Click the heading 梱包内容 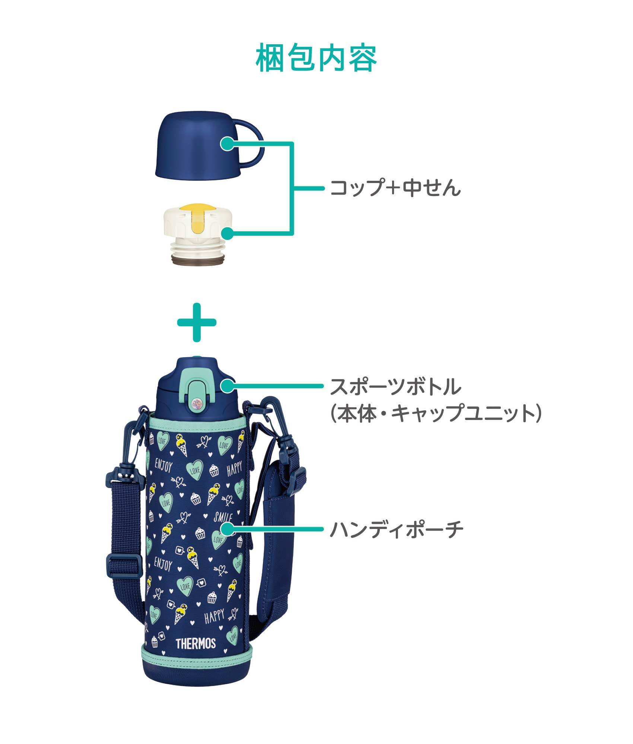pyautogui.click(x=316, y=58)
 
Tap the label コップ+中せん pyautogui.click(x=395, y=188)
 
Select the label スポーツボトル pyautogui.click(x=395, y=387)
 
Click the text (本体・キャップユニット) pyautogui.click(x=435, y=414)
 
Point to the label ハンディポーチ pyautogui.click(x=397, y=530)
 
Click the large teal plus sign pyautogui.click(x=197, y=323)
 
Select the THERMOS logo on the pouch pyautogui.click(x=195, y=643)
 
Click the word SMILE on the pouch pyautogui.click(x=222, y=517)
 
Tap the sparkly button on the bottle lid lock pyautogui.click(x=196, y=404)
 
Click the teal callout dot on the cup pyautogui.click(x=227, y=144)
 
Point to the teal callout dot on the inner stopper pyautogui.click(x=228, y=234)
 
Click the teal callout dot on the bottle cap pyautogui.click(x=227, y=386)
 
